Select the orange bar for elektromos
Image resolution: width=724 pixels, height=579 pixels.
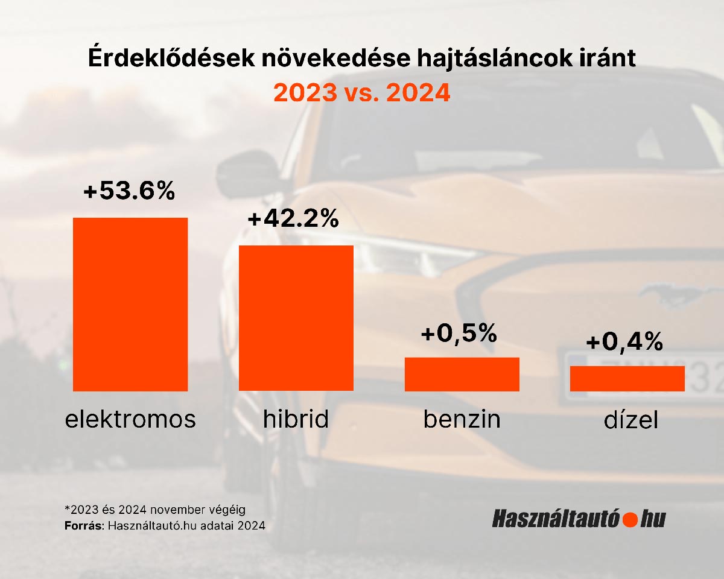[130, 304]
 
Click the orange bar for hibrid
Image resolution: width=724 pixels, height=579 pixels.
[296, 318]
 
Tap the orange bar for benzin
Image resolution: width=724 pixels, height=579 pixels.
[462, 374]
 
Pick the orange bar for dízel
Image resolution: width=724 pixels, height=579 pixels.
[627, 378]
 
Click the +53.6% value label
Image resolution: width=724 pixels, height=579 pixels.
[129, 191]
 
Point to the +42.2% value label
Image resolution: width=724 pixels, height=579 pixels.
[293, 220]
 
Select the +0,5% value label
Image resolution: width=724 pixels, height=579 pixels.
[459, 332]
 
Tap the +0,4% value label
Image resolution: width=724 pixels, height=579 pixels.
[624, 342]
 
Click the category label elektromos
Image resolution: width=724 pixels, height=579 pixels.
[130, 419]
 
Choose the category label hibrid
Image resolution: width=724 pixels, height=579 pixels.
[296, 419]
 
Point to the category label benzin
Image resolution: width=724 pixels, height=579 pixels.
[462, 419]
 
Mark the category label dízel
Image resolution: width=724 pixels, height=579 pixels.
[630, 420]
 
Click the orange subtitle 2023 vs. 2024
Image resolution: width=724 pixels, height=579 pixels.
[362, 93]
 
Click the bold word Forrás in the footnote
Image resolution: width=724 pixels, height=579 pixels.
[84, 525]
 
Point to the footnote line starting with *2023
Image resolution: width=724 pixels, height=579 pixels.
[155, 510]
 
